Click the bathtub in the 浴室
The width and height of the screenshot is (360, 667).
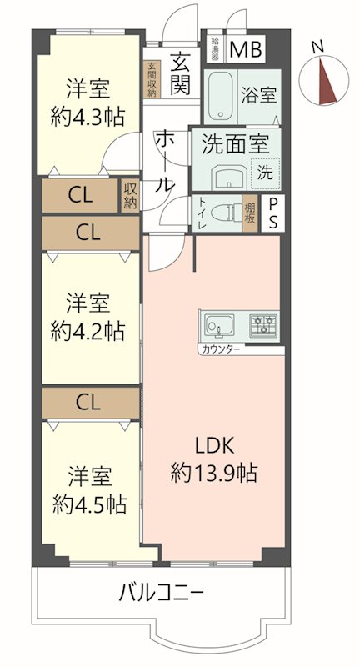coord(222,97)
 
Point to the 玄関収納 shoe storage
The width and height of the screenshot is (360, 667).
coord(152,80)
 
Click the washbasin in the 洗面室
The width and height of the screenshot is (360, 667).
coord(227,177)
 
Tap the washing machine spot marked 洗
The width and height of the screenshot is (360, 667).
coord(264,173)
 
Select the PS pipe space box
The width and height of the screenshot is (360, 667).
coord(272,214)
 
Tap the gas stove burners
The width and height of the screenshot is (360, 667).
coord(263,324)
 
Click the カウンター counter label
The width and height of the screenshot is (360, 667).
coord(219,348)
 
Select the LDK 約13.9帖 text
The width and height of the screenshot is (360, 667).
coord(213,459)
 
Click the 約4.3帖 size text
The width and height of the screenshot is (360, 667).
coord(88,116)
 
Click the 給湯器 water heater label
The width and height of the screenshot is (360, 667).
coord(214,48)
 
